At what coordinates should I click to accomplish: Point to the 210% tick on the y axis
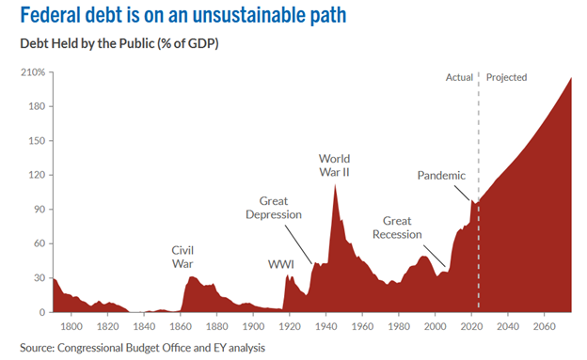click(x=33, y=72)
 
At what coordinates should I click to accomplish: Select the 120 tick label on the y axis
click(x=36, y=175)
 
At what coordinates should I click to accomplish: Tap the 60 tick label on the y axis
click(x=38, y=243)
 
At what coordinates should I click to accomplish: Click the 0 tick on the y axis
click(x=40, y=312)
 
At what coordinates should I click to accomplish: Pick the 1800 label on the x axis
click(x=72, y=326)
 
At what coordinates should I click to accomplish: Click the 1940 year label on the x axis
click(x=325, y=326)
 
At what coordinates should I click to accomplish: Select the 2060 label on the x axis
click(x=543, y=326)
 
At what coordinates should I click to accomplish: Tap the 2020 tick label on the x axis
click(x=470, y=326)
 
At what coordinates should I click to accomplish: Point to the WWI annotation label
click(x=280, y=265)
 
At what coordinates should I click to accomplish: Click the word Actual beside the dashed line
click(x=459, y=77)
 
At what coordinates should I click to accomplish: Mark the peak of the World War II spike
click(x=335, y=184)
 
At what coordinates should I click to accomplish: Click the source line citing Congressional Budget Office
click(x=138, y=347)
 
